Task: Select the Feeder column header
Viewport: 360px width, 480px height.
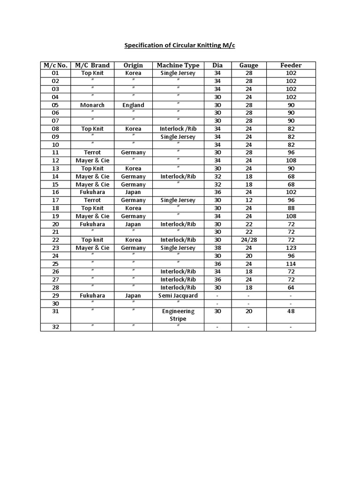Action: (x=291, y=65)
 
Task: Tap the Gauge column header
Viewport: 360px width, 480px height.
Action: (x=248, y=65)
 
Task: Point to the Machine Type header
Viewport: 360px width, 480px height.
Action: (x=178, y=65)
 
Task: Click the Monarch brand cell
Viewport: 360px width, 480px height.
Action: (x=92, y=105)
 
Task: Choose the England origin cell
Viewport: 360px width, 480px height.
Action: (x=133, y=105)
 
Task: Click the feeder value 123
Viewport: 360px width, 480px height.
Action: (x=291, y=247)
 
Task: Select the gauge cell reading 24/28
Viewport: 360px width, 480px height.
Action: (x=248, y=240)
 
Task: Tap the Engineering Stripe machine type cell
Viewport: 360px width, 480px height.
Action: (x=178, y=315)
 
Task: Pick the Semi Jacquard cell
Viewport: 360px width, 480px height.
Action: (x=178, y=295)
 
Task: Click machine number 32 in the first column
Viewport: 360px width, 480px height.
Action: (x=55, y=327)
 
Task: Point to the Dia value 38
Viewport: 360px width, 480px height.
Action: (x=217, y=247)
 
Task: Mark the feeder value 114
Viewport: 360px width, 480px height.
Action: (x=291, y=263)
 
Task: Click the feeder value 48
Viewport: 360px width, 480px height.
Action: (x=291, y=311)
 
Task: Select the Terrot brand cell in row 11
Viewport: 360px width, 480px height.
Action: (x=92, y=152)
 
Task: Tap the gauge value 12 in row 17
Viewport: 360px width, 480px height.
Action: (x=248, y=200)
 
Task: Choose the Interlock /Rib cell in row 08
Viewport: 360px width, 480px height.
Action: (x=178, y=128)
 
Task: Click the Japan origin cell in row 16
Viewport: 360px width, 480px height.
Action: (x=133, y=192)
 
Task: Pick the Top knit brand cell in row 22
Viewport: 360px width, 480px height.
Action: (x=92, y=240)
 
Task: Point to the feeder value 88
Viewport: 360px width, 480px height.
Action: (x=291, y=208)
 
